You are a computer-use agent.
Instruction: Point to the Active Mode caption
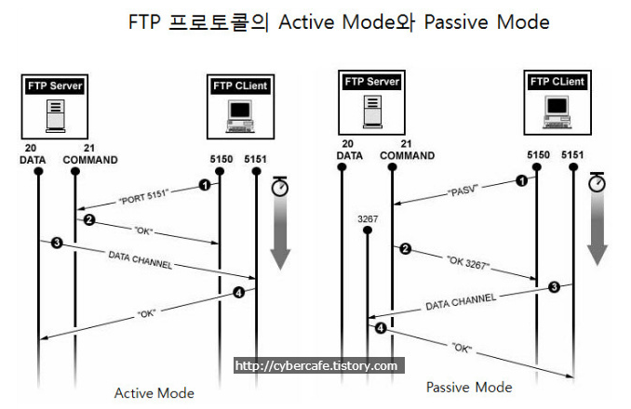click(154, 393)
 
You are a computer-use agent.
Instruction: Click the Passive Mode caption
click(468, 386)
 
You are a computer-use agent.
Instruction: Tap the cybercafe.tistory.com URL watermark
click(316, 366)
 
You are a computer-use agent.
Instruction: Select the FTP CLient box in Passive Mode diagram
click(557, 82)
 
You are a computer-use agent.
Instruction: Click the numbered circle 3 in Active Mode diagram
click(57, 244)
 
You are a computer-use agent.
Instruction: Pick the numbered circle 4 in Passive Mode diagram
click(380, 329)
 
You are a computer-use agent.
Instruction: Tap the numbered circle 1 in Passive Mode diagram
click(521, 180)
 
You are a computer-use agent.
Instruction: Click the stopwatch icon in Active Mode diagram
click(279, 187)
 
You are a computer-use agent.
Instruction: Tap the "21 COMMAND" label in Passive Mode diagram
click(406, 150)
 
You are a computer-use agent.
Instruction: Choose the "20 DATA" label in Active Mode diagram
click(33, 153)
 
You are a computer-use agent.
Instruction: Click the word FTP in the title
click(144, 21)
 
